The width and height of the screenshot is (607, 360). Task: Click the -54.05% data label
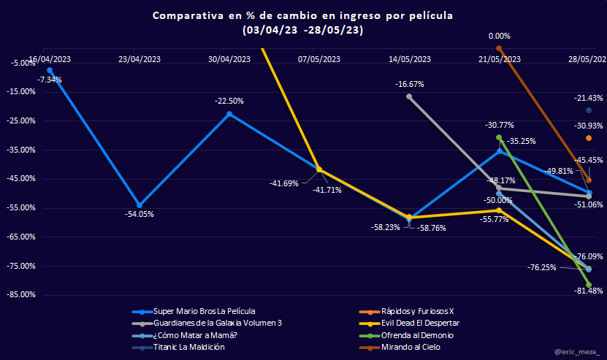(x=140, y=214)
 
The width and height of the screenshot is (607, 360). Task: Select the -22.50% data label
(x=229, y=101)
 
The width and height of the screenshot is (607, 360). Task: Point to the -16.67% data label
(x=410, y=84)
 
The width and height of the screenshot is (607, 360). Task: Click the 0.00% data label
(x=499, y=36)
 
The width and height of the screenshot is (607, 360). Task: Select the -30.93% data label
(x=588, y=126)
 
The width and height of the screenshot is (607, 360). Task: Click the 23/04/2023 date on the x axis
(x=140, y=59)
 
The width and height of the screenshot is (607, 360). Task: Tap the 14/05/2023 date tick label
(x=410, y=59)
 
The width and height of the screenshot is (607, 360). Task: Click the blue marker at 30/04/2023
(x=229, y=114)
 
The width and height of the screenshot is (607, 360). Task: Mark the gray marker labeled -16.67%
(x=409, y=96)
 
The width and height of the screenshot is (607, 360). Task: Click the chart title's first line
(x=302, y=16)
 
